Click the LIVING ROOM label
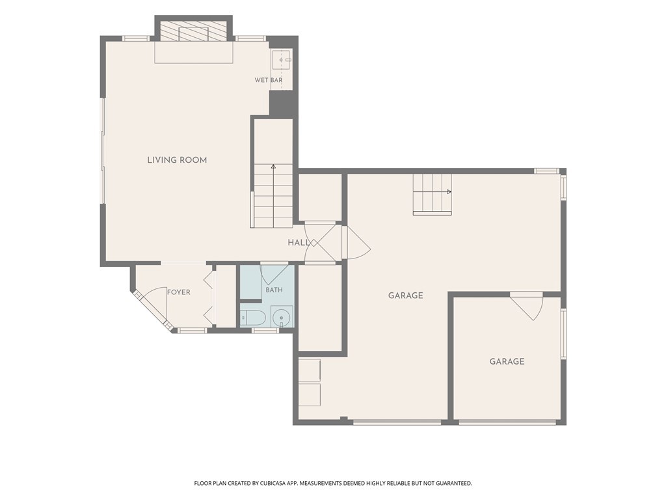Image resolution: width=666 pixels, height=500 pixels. pyautogui.click(x=177, y=160)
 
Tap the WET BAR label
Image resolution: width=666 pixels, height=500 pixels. pyautogui.click(x=269, y=80)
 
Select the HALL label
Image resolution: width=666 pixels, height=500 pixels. pyautogui.click(x=299, y=243)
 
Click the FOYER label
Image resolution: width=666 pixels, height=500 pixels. pyautogui.click(x=178, y=292)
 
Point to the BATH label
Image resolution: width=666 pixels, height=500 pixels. pyautogui.click(x=274, y=290)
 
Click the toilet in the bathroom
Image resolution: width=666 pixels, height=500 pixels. pyautogui.click(x=253, y=317)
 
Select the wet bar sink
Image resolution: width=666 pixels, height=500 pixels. pyautogui.click(x=282, y=60)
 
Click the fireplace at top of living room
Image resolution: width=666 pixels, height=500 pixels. pyautogui.click(x=194, y=30)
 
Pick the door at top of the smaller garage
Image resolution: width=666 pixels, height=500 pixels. pyautogui.click(x=527, y=306)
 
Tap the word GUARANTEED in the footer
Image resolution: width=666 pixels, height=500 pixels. pyautogui.click(x=454, y=484)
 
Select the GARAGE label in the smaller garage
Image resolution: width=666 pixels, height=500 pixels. pyautogui.click(x=507, y=361)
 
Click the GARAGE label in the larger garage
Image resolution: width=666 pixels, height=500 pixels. pyautogui.click(x=406, y=296)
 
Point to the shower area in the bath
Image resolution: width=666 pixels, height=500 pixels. pyautogui.click(x=250, y=283)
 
